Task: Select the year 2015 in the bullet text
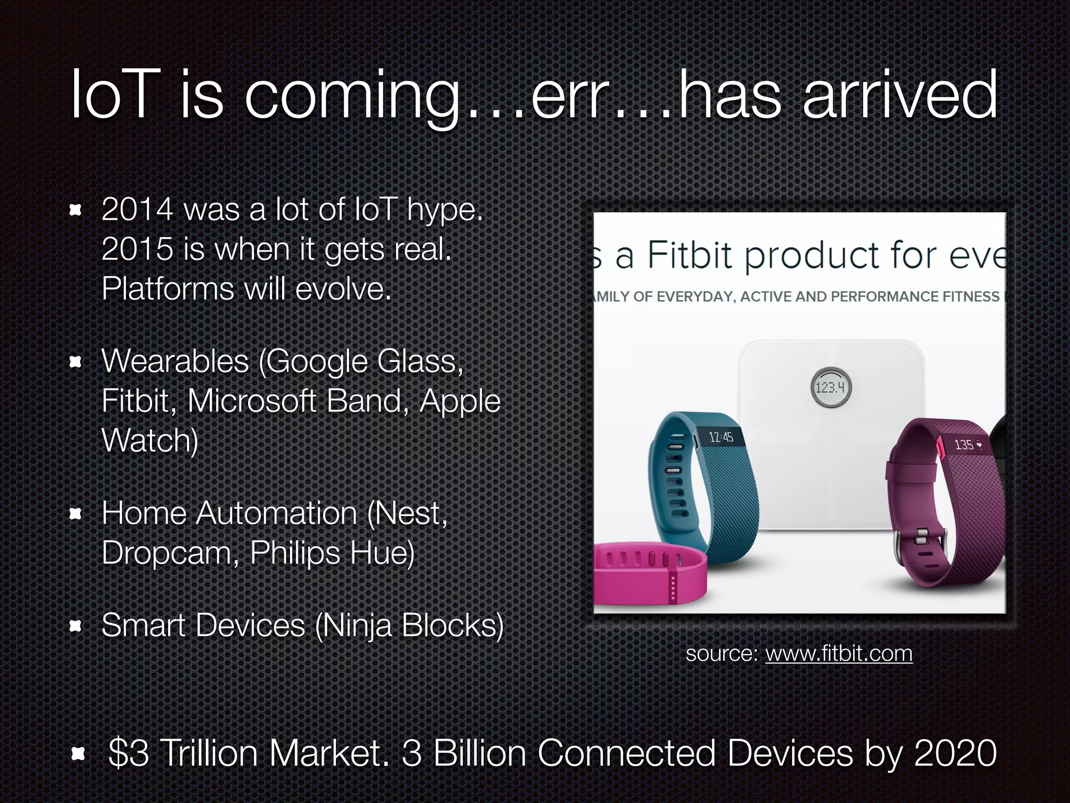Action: pos(137,249)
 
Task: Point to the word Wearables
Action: pos(175,361)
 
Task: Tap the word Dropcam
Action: pos(170,553)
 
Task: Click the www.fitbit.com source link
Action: pos(839,654)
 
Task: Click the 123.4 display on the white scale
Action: pos(831,387)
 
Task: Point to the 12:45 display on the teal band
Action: pos(720,437)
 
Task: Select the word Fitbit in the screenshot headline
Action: pos(690,256)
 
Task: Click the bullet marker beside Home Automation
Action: pos(76,514)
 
